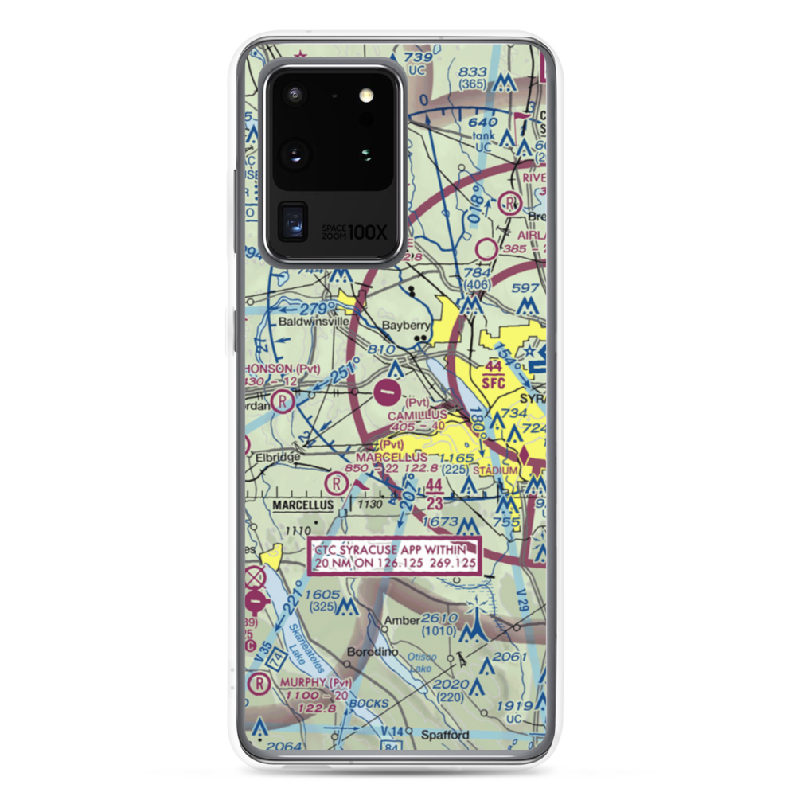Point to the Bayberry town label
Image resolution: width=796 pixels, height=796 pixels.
coord(406,325)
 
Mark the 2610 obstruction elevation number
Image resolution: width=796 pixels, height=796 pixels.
coord(439,618)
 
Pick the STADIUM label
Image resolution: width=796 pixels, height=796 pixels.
coord(495,470)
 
